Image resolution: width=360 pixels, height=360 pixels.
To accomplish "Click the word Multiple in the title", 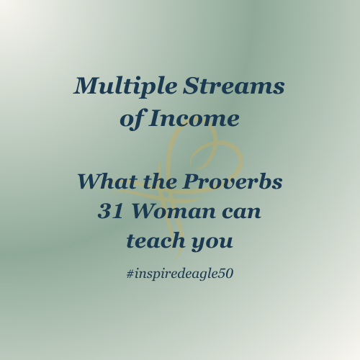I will click(117, 87).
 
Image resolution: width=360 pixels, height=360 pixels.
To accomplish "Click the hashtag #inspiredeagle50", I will click(180, 274).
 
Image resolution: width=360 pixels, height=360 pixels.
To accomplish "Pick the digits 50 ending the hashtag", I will click(226, 274).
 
